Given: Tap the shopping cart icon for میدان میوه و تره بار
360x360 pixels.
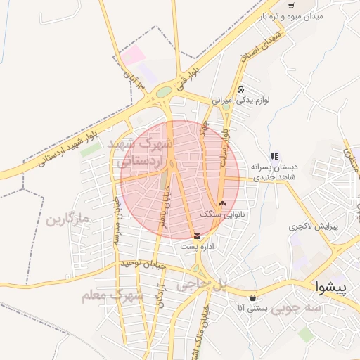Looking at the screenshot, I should point(290,6).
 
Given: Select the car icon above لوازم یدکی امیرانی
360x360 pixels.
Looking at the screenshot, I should point(240,90).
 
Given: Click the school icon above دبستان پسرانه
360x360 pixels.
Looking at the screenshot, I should point(274,156).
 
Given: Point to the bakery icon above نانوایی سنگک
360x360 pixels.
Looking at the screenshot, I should point(223,203).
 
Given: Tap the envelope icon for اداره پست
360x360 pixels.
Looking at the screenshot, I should point(195,236).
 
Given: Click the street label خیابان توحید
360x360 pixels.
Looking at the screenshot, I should point(145,264).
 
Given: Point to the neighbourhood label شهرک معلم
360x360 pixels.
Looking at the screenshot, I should point(112,296).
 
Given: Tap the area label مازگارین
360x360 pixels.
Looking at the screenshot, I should point(67,220).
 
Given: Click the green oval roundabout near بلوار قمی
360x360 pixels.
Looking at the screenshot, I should point(164,91).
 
